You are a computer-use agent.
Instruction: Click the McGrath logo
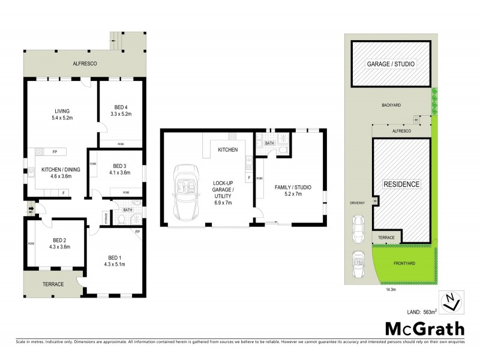(x=424, y=329)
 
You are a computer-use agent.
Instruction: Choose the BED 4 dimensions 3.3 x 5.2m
(x=121, y=114)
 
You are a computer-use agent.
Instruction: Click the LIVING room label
(x=62, y=110)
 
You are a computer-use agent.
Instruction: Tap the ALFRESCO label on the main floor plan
(x=85, y=63)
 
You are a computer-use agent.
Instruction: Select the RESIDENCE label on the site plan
(x=401, y=184)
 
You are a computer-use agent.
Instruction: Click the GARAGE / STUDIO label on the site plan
(x=391, y=64)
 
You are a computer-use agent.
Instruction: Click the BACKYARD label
(x=391, y=105)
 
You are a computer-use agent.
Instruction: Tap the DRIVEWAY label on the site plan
(x=357, y=203)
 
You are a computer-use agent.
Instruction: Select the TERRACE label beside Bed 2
(x=52, y=284)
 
